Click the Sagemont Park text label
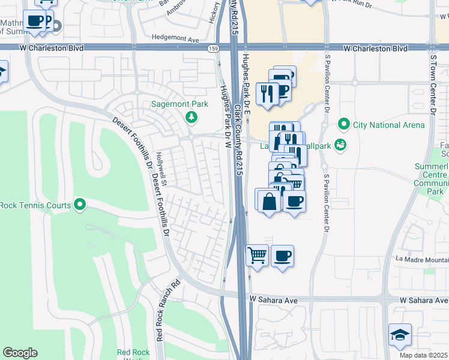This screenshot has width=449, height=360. pyautogui.click(x=188, y=104)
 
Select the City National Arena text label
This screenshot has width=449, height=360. pyautogui.click(x=388, y=125)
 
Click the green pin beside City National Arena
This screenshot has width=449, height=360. pyautogui.click(x=344, y=125)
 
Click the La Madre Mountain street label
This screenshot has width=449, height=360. pyautogui.click(x=422, y=260)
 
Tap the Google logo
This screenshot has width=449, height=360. pyautogui.click(x=20, y=353)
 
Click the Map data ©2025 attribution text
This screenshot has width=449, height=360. pyautogui.click(x=424, y=355)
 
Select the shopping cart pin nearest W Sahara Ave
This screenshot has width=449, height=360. pyautogui.click(x=257, y=255)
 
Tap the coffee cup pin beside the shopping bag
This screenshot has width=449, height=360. pyautogui.click(x=294, y=201)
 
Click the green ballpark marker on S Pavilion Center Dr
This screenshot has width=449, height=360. pyautogui.click(x=341, y=144)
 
